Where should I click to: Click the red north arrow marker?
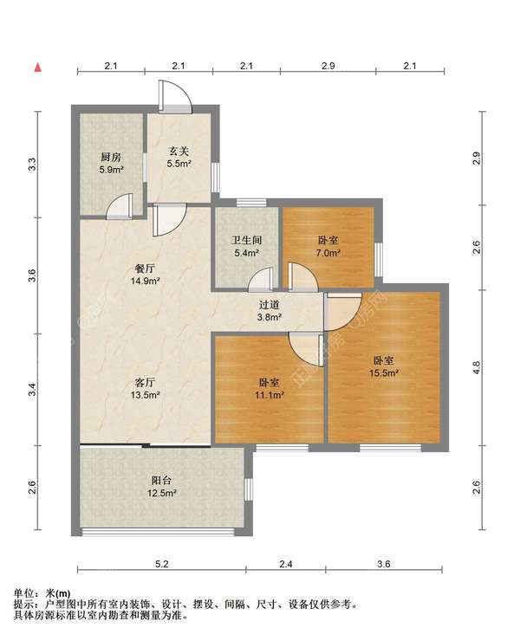pos(37,68)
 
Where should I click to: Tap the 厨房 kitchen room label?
pos(111,157)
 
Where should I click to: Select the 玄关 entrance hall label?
pos(179,152)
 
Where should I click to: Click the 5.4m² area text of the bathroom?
pos(246,253)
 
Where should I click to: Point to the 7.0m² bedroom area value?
pos(328,253)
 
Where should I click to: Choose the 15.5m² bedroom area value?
pos(384,372)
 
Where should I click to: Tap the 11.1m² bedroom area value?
pos(270,395)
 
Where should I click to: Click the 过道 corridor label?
pos(270,305)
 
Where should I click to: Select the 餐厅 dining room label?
pos(145,269)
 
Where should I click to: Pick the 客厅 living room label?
pos(145,383)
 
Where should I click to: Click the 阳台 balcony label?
pos(161,481)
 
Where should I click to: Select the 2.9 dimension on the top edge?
pos(328,66)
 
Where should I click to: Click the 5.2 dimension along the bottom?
pos(161,564)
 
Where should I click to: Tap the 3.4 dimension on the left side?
pos(32,390)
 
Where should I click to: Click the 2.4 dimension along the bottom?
pos(286,564)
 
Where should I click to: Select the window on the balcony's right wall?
pos(249,489)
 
